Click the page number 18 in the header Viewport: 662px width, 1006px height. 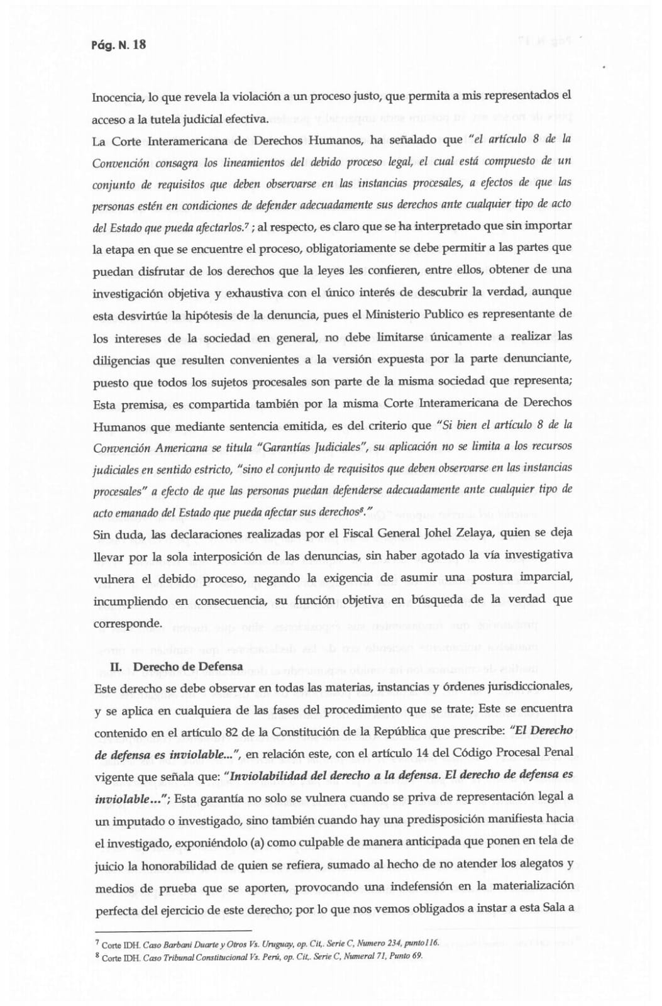[140, 45]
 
